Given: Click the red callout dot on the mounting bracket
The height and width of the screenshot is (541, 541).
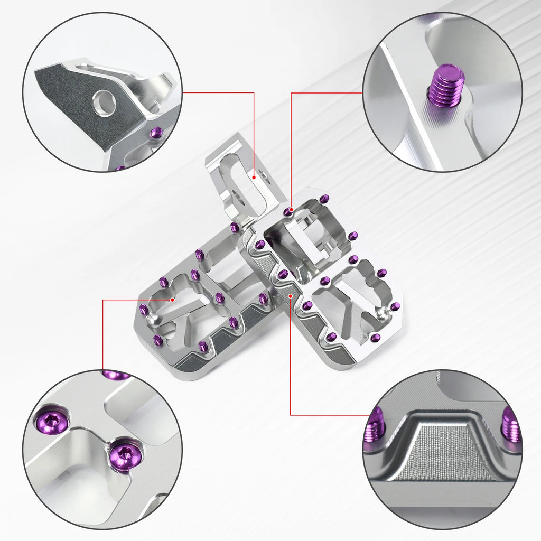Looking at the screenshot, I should click(x=254, y=178).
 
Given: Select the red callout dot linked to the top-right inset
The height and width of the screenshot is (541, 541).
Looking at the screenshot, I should click(x=291, y=209).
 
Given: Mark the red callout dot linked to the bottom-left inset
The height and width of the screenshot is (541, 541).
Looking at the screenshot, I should click(x=173, y=300).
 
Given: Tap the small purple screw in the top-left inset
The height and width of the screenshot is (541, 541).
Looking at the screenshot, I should click(x=156, y=133).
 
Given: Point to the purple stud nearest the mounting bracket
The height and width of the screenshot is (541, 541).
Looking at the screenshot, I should click(x=235, y=228).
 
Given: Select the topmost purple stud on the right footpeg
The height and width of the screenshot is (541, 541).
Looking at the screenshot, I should click(x=324, y=199).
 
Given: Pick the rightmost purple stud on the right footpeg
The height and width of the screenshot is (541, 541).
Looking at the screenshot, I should click(x=395, y=307).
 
